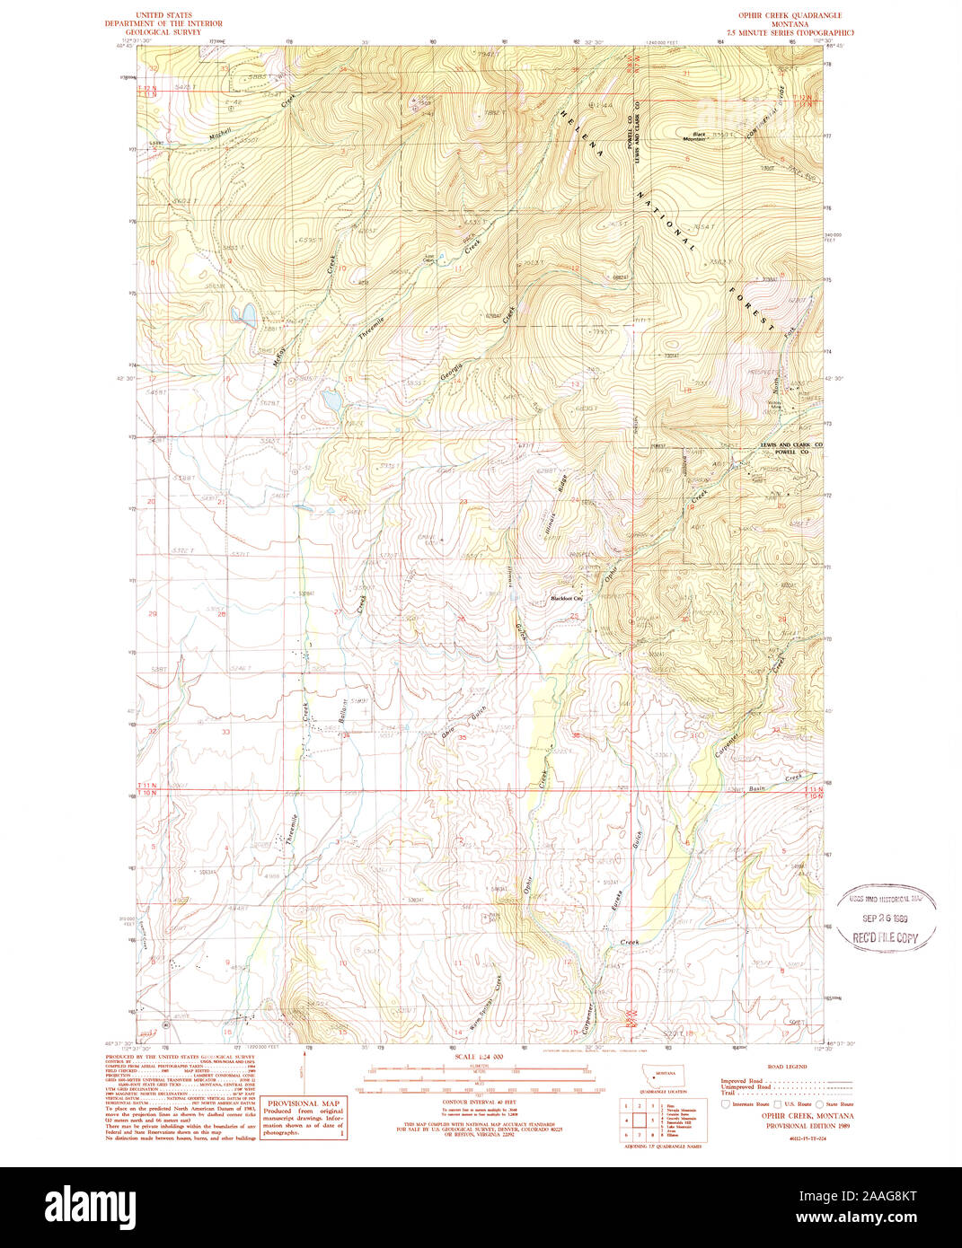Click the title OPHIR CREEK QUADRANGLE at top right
pyautogui.click(x=790, y=16)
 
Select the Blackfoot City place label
pyautogui.click(x=567, y=598)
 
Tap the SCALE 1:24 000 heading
pyautogui.click(x=479, y=1057)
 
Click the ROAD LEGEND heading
pyautogui.click(x=786, y=1066)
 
